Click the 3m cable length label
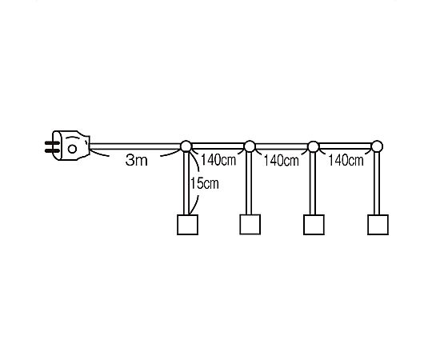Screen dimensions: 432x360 click(x=136, y=160)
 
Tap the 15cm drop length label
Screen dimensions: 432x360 click(x=205, y=183)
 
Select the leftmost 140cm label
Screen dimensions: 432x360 click(x=218, y=160)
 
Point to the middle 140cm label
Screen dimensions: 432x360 click(x=282, y=160)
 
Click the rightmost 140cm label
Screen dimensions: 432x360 click(x=346, y=160)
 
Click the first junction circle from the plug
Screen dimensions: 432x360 click(x=186, y=146)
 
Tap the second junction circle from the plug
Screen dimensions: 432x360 click(x=250, y=146)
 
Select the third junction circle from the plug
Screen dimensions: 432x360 click(x=314, y=146)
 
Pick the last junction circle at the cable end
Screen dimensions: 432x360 click(x=377, y=146)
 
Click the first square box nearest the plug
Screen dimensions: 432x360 click(x=187, y=225)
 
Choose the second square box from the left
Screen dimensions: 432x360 click(x=250, y=225)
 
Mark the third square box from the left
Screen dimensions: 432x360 click(x=314, y=225)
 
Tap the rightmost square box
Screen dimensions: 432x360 click(x=378, y=225)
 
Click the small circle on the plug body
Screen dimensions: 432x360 click(x=72, y=149)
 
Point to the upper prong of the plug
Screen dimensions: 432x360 click(x=52, y=143)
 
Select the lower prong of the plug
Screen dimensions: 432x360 click(x=52, y=150)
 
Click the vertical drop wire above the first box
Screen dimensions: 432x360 click(x=186, y=183)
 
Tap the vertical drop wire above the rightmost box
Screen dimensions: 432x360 click(x=377, y=183)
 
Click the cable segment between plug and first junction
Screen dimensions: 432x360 click(x=135, y=146)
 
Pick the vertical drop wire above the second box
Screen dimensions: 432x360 click(x=249, y=183)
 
